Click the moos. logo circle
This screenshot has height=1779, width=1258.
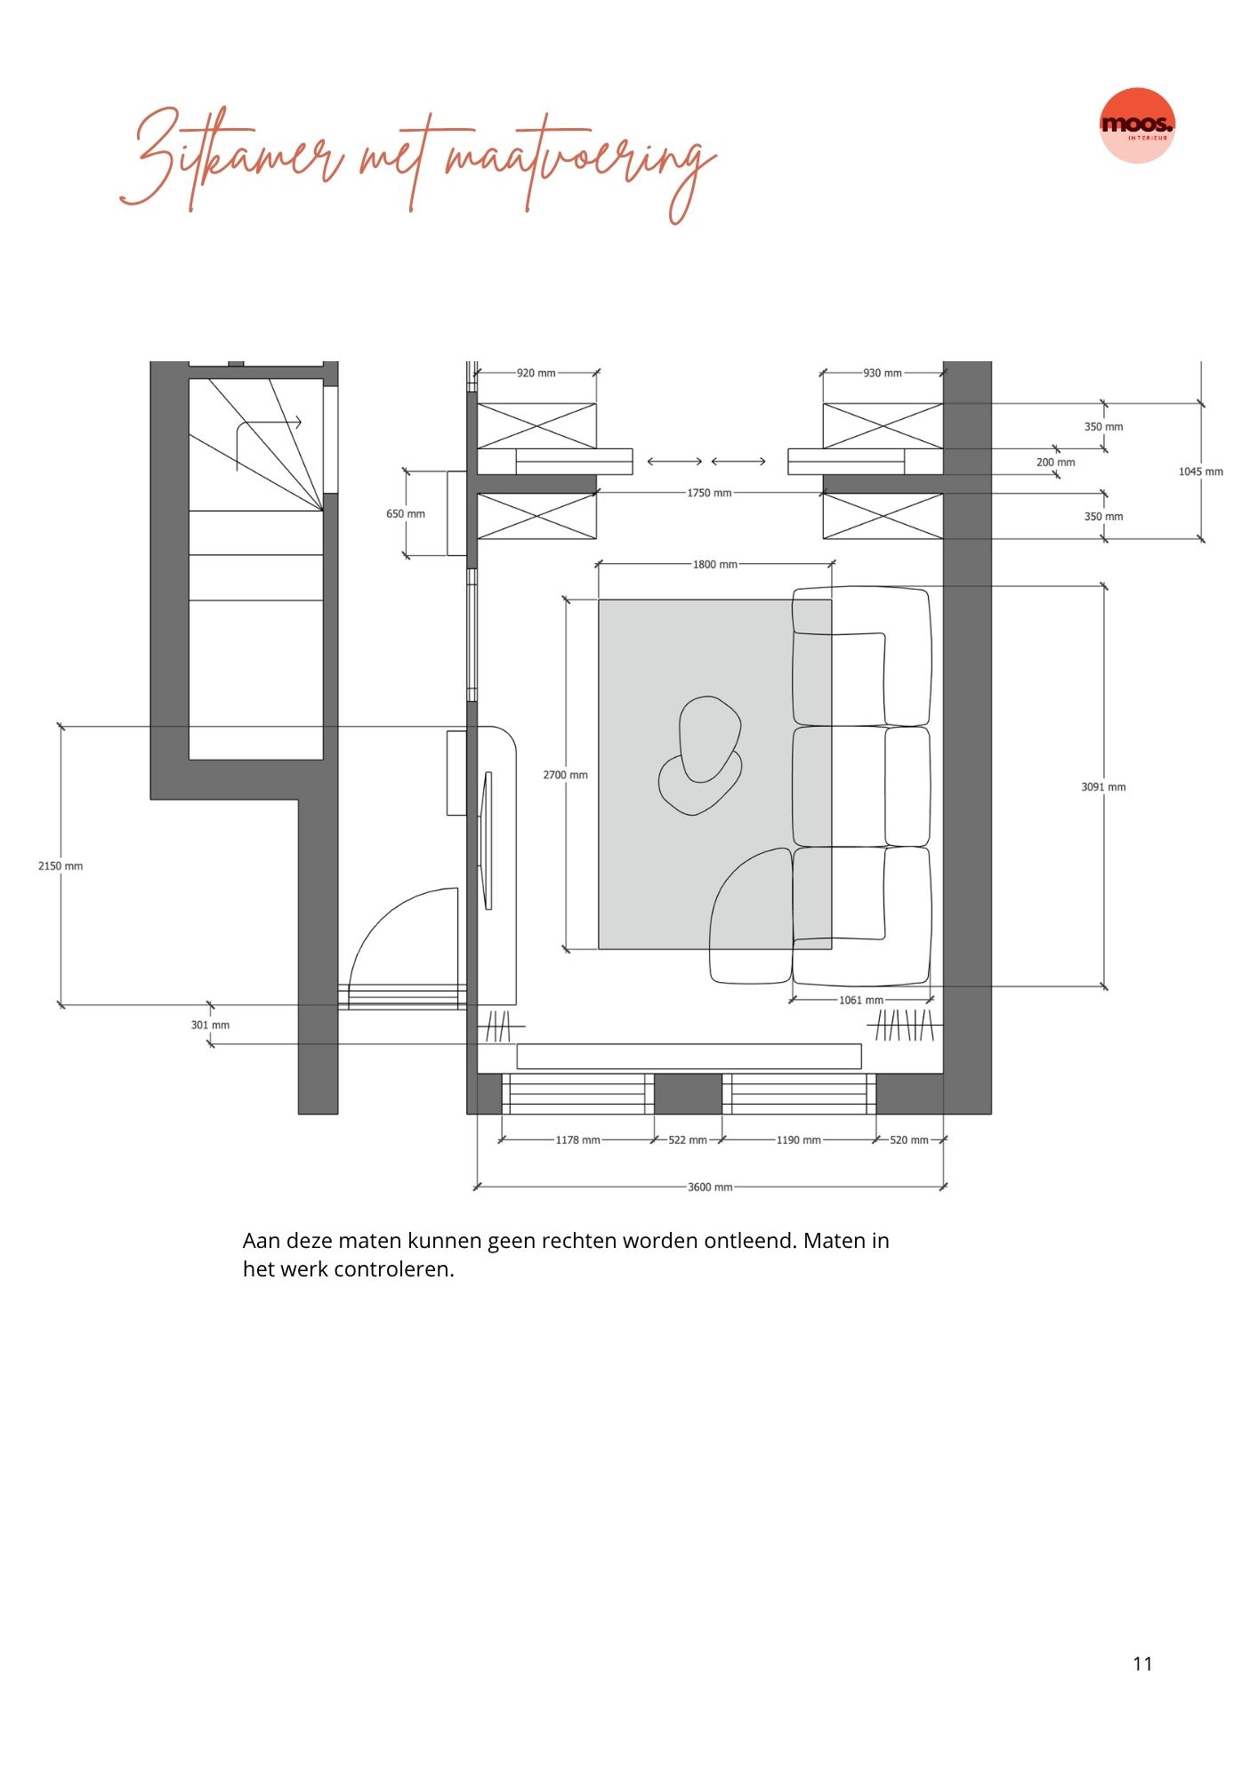coord(1137,125)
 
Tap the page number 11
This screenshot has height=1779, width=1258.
coord(1142,1664)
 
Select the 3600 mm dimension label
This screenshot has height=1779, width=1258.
coord(710,1187)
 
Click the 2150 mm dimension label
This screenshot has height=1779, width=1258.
coord(60,865)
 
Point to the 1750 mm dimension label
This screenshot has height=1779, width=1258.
coord(709,493)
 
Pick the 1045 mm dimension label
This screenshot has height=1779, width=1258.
coord(1201,471)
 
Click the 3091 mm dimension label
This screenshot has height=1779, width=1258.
coord(1103,786)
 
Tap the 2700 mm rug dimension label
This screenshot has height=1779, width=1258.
coord(566,775)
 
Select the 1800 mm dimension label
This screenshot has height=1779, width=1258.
coord(715,564)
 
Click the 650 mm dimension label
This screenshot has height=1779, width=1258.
coord(406,513)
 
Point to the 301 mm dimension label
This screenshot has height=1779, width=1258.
coord(210,1025)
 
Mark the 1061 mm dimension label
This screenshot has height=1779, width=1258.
coord(861,1000)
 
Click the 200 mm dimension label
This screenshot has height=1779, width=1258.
coord(1056,462)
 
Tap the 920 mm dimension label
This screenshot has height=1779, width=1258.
coord(536,373)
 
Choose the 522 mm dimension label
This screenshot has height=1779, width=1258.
coord(688,1139)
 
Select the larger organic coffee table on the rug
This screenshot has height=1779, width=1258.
coord(709,738)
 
